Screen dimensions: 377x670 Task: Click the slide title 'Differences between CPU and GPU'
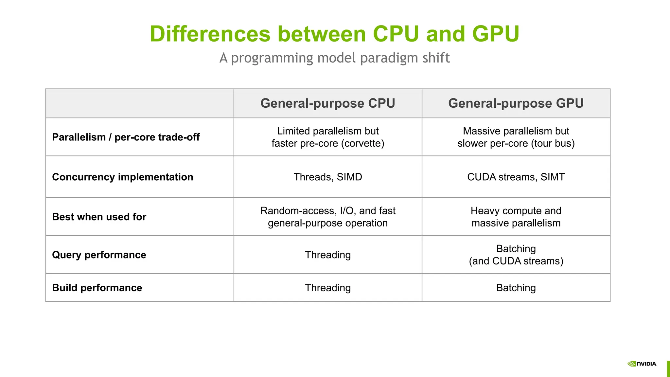334,34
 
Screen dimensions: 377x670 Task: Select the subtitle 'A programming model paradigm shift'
334,58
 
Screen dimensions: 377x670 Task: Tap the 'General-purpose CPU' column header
327,103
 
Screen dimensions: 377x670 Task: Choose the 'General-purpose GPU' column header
516,103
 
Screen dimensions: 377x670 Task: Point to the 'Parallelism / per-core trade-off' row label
126,137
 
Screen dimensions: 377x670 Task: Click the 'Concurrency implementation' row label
122,177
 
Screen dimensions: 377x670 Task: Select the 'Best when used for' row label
99,217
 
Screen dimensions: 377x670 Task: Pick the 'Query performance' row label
99,255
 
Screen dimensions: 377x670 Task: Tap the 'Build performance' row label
97,288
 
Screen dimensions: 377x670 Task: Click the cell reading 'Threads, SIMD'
327,177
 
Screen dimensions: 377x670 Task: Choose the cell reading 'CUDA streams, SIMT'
516,177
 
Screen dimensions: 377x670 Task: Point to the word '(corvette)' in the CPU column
362,143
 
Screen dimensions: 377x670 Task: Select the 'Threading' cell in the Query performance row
327,255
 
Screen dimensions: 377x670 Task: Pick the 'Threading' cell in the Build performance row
327,288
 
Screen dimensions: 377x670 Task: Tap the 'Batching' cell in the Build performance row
516,288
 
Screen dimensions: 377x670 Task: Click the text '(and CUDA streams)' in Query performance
516,261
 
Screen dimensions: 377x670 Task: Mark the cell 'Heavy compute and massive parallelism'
516,217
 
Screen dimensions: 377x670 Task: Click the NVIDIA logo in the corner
642,364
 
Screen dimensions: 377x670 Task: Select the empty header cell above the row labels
140,103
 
